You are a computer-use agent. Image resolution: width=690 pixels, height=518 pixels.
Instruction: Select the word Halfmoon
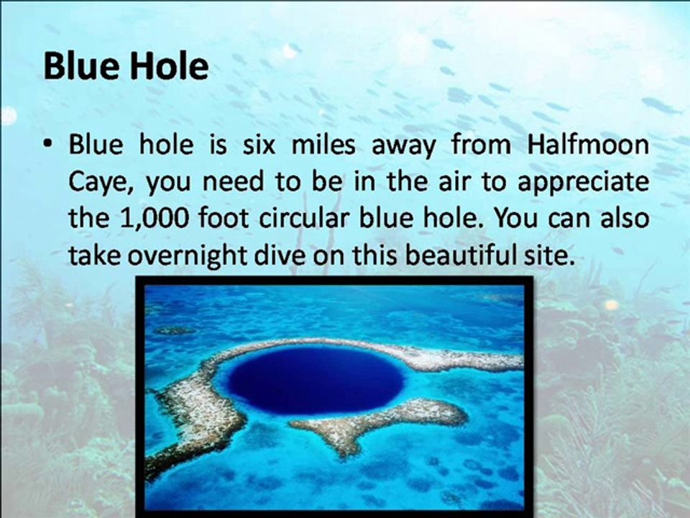click(587, 144)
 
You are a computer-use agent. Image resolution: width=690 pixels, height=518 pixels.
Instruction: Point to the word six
click(259, 144)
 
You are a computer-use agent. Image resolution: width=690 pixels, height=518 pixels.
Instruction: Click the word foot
click(224, 218)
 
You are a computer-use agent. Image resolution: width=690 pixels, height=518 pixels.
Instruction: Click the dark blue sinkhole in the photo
click(316, 380)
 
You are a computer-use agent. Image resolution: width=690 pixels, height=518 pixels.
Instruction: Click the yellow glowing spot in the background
click(612, 304)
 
